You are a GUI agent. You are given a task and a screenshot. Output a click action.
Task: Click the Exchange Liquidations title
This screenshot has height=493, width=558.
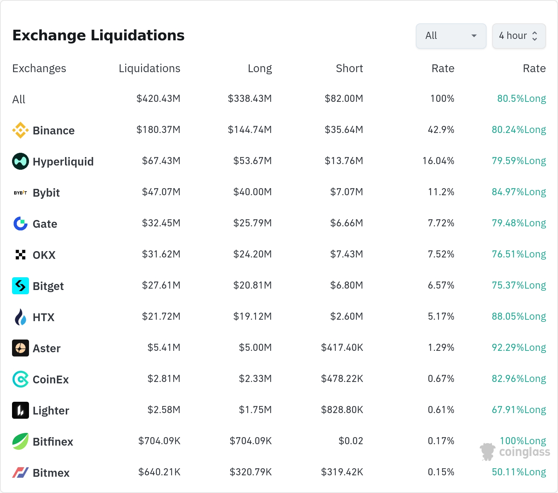pyautogui.click(x=98, y=35)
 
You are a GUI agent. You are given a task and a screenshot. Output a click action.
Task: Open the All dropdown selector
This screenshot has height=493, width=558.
pyautogui.click(x=451, y=36)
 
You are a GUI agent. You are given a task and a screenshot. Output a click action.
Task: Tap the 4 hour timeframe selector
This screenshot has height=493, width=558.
pyautogui.click(x=519, y=36)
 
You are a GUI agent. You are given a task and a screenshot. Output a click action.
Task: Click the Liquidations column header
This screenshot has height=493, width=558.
pyautogui.click(x=150, y=68)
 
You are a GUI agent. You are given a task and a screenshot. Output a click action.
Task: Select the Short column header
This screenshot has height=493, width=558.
pyautogui.click(x=349, y=68)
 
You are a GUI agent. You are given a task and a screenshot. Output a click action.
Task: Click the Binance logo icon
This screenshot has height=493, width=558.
pyautogui.click(x=21, y=130)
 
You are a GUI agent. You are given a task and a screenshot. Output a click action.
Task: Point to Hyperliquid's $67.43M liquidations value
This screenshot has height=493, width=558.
pyautogui.click(x=161, y=161)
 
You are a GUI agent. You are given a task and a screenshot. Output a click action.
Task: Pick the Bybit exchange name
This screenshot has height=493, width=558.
pyautogui.click(x=46, y=193)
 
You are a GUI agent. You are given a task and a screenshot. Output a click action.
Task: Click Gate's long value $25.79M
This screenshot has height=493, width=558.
pyautogui.click(x=252, y=223)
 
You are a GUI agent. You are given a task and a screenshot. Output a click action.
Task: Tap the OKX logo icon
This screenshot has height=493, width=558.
pyautogui.click(x=21, y=255)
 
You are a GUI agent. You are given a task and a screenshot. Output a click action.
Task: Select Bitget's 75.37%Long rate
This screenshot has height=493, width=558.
pyautogui.click(x=519, y=285)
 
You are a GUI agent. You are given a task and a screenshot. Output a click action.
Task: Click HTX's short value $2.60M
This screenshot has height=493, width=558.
pyautogui.click(x=347, y=317)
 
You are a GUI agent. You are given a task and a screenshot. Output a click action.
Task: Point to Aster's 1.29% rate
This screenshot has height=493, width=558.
pyautogui.click(x=441, y=348)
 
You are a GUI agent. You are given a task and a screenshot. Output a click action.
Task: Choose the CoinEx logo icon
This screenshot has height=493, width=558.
pyautogui.click(x=21, y=379)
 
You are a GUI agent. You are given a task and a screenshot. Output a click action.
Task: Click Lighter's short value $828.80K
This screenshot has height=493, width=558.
pyautogui.click(x=342, y=410)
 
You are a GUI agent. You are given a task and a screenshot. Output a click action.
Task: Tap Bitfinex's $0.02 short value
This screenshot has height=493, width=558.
pyautogui.click(x=351, y=441)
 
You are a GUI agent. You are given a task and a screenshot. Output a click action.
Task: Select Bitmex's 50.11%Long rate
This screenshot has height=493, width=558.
pyautogui.click(x=519, y=472)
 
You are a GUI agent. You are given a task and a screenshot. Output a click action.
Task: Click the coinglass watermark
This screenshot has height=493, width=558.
pyautogui.click(x=515, y=452)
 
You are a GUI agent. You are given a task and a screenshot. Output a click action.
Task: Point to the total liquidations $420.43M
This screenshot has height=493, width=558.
pyautogui.click(x=158, y=99)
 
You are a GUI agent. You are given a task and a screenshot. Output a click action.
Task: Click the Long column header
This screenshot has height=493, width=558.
pyautogui.click(x=260, y=68)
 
